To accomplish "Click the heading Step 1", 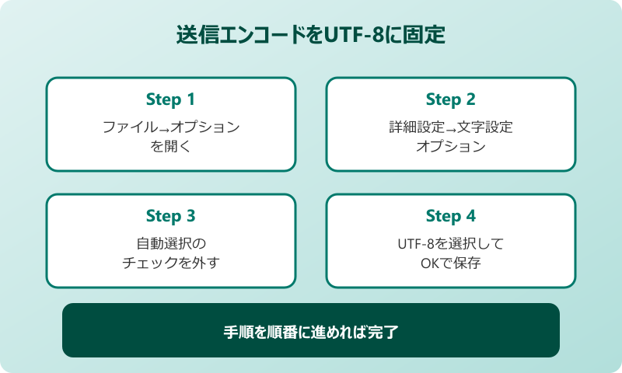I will [170, 99].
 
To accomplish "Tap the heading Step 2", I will [450, 99].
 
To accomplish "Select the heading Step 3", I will [170, 216].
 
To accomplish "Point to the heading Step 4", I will [450, 216].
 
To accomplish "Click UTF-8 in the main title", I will [357, 37].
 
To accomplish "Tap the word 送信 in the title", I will [193, 37].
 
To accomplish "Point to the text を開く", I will [170, 146].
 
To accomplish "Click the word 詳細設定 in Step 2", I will [417, 127].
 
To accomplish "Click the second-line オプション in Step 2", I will [450, 146].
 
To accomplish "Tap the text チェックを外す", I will [170, 263].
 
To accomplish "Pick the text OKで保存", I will [450, 263].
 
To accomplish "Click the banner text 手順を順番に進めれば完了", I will [311, 332].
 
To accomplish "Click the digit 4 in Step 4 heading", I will [470, 216].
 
